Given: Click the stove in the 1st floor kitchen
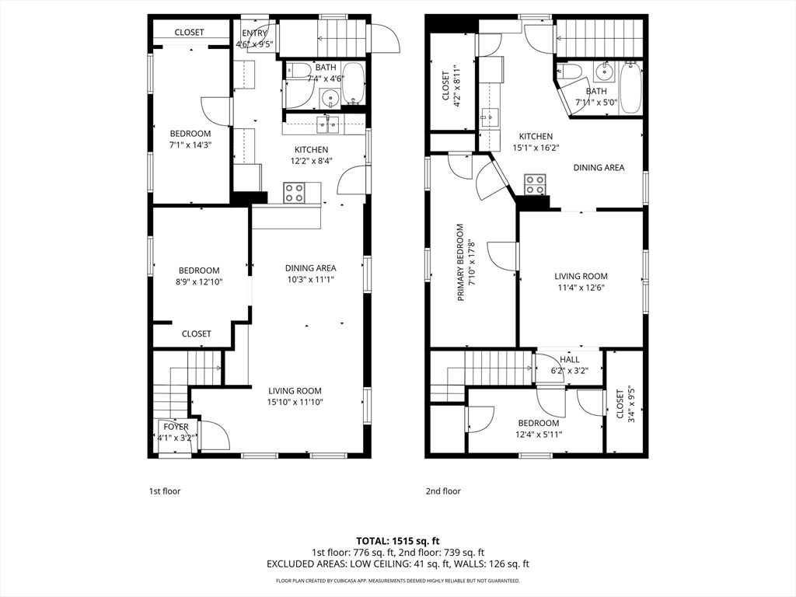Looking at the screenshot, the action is [x=294, y=193].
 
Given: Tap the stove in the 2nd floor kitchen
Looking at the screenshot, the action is [x=535, y=185].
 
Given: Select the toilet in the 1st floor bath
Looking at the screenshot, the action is [x=299, y=69].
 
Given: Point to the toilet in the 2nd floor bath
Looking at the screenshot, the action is [x=569, y=71].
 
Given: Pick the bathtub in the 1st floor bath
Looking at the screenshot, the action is [x=353, y=83].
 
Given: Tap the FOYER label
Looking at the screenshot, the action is [x=176, y=427].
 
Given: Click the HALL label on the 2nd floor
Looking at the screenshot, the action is [x=570, y=359].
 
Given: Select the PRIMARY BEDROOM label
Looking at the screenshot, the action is [x=460, y=263].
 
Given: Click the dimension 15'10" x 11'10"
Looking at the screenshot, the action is [x=295, y=402].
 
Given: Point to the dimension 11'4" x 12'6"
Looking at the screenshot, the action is [x=581, y=288].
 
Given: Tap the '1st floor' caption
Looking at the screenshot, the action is [x=165, y=491].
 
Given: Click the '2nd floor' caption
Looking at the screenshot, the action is [x=443, y=491].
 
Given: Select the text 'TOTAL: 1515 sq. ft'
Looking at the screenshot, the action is [x=398, y=541].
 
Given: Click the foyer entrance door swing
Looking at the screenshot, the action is [x=215, y=435].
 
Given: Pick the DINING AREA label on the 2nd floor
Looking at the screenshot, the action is [x=599, y=168].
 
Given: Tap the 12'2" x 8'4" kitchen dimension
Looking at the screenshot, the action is [x=312, y=161].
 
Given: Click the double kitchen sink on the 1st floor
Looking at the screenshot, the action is [x=327, y=124].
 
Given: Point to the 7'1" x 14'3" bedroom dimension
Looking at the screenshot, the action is [x=190, y=145].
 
